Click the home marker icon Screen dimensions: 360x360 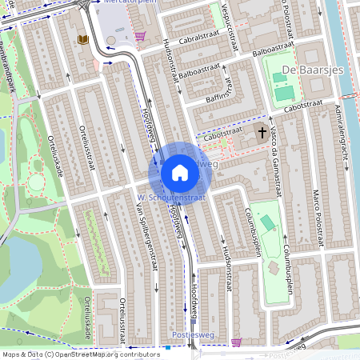(x=179, y=173)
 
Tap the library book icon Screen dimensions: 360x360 (x=82, y=39)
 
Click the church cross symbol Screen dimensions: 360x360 (x=262, y=131)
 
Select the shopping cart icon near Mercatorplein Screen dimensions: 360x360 (x=141, y=36)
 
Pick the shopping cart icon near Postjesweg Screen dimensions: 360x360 (x=236, y=342)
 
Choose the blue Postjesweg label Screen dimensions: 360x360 (x=191, y=334)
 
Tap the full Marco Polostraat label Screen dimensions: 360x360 (x=318, y=217)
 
